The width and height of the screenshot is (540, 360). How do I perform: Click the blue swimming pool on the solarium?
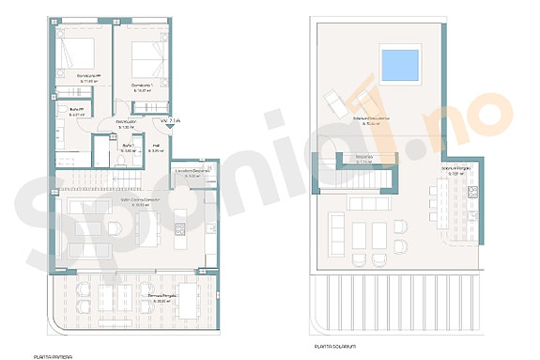click(400, 65)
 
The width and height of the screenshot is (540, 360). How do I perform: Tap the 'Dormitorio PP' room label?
click(76, 78)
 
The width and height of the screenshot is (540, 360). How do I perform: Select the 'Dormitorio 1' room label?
click(142, 87)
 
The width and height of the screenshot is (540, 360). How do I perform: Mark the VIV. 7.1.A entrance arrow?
click(171, 121)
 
